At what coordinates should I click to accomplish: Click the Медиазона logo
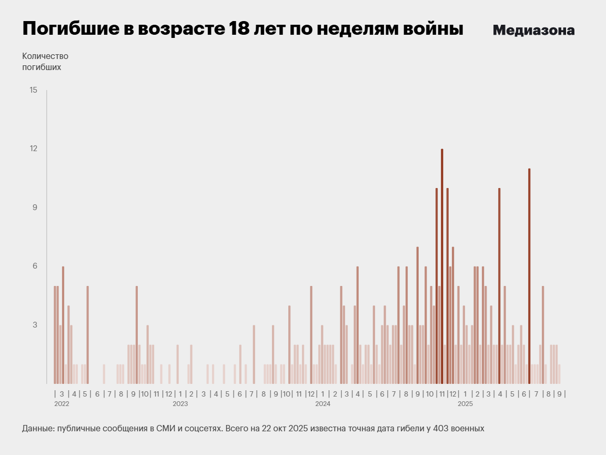(x=533, y=31)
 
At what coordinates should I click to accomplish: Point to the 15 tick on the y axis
(x=34, y=90)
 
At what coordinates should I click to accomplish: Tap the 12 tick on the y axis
(x=34, y=149)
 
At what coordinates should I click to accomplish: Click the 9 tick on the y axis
(x=34, y=207)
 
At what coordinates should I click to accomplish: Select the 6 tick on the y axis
(x=34, y=266)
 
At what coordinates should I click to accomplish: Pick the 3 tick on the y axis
(x=34, y=325)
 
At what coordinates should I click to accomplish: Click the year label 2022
(x=62, y=404)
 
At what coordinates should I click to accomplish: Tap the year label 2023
(x=180, y=404)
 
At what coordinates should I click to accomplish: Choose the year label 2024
(x=322, y=404)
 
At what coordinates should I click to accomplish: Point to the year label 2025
(x=465, y=404)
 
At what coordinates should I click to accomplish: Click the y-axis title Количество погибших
(x=45, y=62)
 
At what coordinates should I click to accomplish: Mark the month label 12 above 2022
(x=168, y=393)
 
